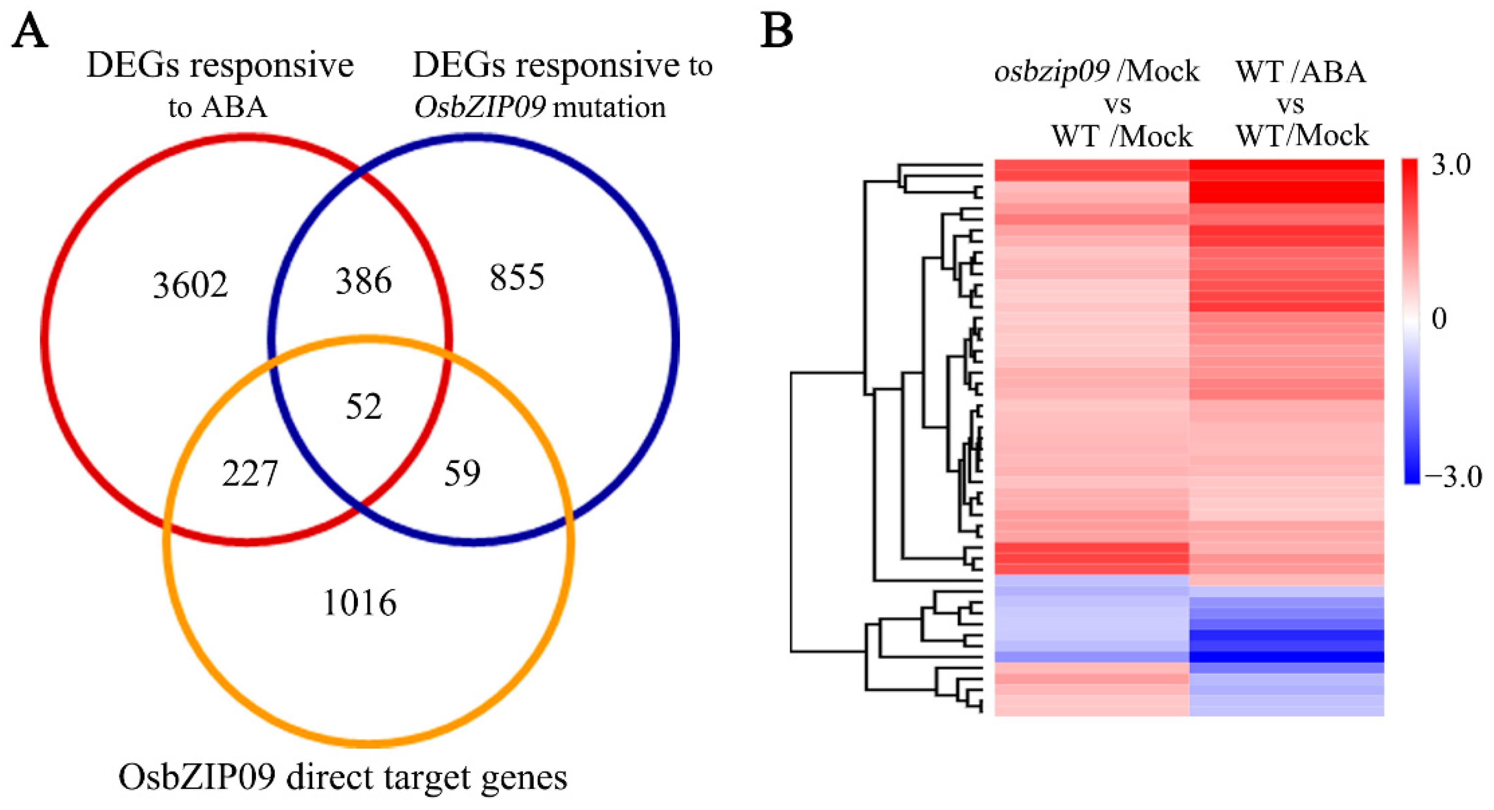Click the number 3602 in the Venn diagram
click(x=190, y=285)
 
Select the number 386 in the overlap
click(x=364, y=281)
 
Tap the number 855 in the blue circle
click(x=517, y=277)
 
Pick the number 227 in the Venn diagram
click(x=250, y=473)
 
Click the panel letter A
click(x=29, y=31)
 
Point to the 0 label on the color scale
click(x=1439, y=318)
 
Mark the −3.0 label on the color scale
click(x=1453, y=477)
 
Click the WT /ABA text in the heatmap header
click(x=1301, y=72)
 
